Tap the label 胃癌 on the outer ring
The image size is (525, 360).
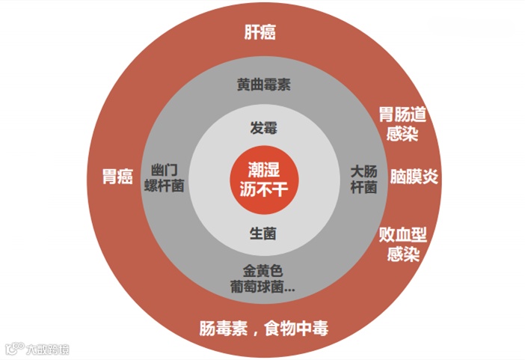pyautogui.click(x=117, y=177)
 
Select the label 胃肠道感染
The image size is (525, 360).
pyautogui.click(x=402, y=124)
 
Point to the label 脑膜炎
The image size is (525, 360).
pyautogui.click(x=414, y=177)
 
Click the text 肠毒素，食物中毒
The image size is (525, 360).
pyautogui.click(x=263, y=328)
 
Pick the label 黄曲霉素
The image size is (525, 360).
pyautogui.click(x=263, y=85)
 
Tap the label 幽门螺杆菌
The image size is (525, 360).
pyautogui.click(x=165, y=178)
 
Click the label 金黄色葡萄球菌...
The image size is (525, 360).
pyautogui.click(x=263, y=278)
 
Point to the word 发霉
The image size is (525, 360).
pyautogui.click(x=263, y=128)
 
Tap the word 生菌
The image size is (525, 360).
pyautogui.click(x=263, y=234)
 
